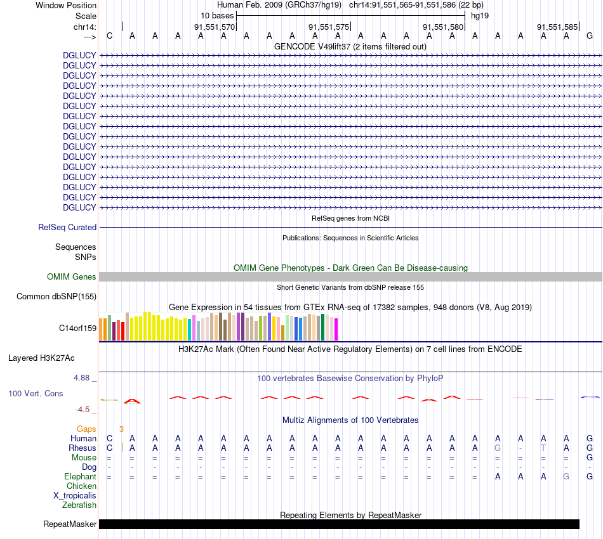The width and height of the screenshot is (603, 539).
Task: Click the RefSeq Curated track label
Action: [67, 227]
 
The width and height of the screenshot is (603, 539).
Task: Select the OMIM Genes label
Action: [72, 276]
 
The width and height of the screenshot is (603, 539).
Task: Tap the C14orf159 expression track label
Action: [77, 328]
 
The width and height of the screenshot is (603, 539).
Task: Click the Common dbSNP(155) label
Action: [56, 296]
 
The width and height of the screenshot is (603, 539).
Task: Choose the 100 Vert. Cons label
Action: [36, 393]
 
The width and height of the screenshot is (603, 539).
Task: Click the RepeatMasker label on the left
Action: [70, 524]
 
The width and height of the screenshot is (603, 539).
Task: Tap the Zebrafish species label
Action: [79, 505]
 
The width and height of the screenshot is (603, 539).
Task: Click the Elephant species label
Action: [80, 476]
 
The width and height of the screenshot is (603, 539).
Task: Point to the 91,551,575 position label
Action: [329, 27]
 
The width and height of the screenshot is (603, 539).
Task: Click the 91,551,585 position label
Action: [557, 27]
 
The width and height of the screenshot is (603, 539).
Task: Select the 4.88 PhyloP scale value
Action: [85, 377]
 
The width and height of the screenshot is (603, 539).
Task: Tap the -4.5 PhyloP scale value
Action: [86, 409]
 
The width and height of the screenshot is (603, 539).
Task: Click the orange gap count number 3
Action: [121, 429]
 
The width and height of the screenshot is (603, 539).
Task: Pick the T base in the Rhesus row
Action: [543, 448]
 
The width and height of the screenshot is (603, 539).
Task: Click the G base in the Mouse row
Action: [589, 457]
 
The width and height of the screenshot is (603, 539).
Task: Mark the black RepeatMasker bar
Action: [339, 524]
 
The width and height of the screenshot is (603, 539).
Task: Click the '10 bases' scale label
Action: [217, 15]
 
